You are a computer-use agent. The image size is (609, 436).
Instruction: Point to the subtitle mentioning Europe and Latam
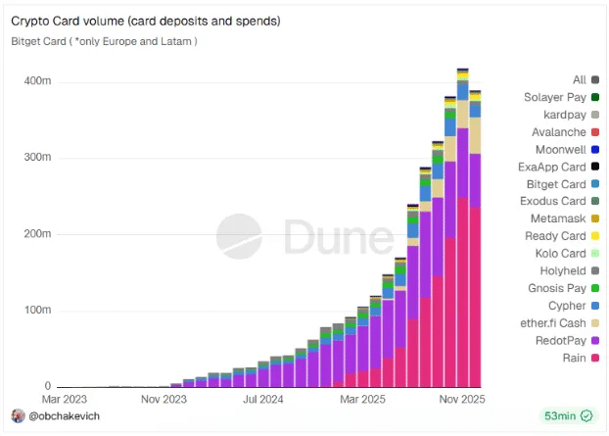point(104,41)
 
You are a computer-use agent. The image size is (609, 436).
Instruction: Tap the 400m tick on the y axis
point(37,80)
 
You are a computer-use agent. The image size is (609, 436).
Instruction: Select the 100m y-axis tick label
point(37,311)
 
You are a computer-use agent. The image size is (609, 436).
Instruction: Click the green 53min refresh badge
point(569,416)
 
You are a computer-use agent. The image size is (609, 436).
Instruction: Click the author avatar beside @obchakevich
point(18,416)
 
